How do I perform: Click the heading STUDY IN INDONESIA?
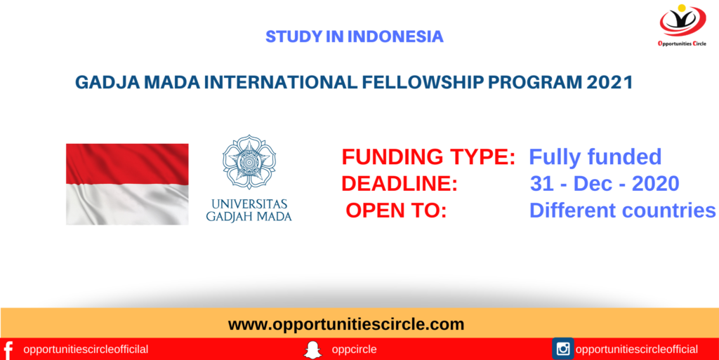click(x=354, y=36)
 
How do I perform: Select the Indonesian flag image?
click(x=127, y=184)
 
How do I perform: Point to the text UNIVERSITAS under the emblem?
click(x=249, y=204)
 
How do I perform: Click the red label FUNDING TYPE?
click(x=428, y=157)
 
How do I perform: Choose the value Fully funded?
click(x=595, y=157)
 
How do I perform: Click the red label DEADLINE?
click(x=400, y=184)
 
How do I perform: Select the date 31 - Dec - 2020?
click(x=605, y=184)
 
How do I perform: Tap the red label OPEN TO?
click(x=396, y=210)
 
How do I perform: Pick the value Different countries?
click(x=622, y=210)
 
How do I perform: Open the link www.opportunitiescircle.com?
click(x=346, y=324)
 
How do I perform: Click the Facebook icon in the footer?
click(x=8, y=349)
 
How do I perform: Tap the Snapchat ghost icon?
click(x=312, y=349)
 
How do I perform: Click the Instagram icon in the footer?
click(x=562, y=349)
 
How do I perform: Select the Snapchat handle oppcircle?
click(x=354, y=349)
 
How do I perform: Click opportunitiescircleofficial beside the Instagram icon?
click(x=636, y=349)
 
